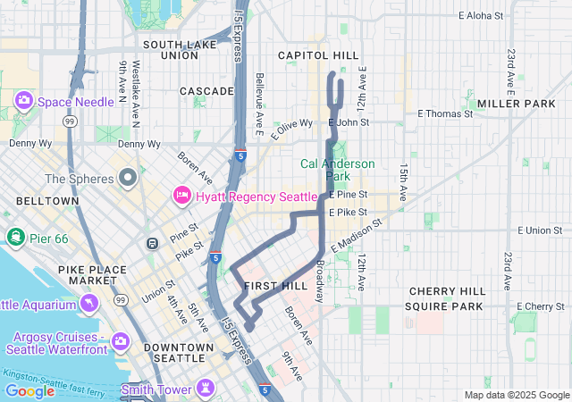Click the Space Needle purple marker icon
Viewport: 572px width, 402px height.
pos(24,102)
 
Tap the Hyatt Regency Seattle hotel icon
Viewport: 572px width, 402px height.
pos(181,195)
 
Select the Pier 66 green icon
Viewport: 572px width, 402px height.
pos(15,236)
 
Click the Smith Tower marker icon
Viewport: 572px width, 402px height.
pos(207,388)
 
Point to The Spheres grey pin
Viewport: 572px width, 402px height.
pos(128,177)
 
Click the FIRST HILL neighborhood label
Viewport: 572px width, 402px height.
pos(274,286)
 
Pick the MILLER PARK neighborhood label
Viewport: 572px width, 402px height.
pos(516,104)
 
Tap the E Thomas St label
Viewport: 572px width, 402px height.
pos(445,113)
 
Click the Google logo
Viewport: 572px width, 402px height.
pos(29,390)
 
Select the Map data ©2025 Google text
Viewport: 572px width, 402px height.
pos(517,395)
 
